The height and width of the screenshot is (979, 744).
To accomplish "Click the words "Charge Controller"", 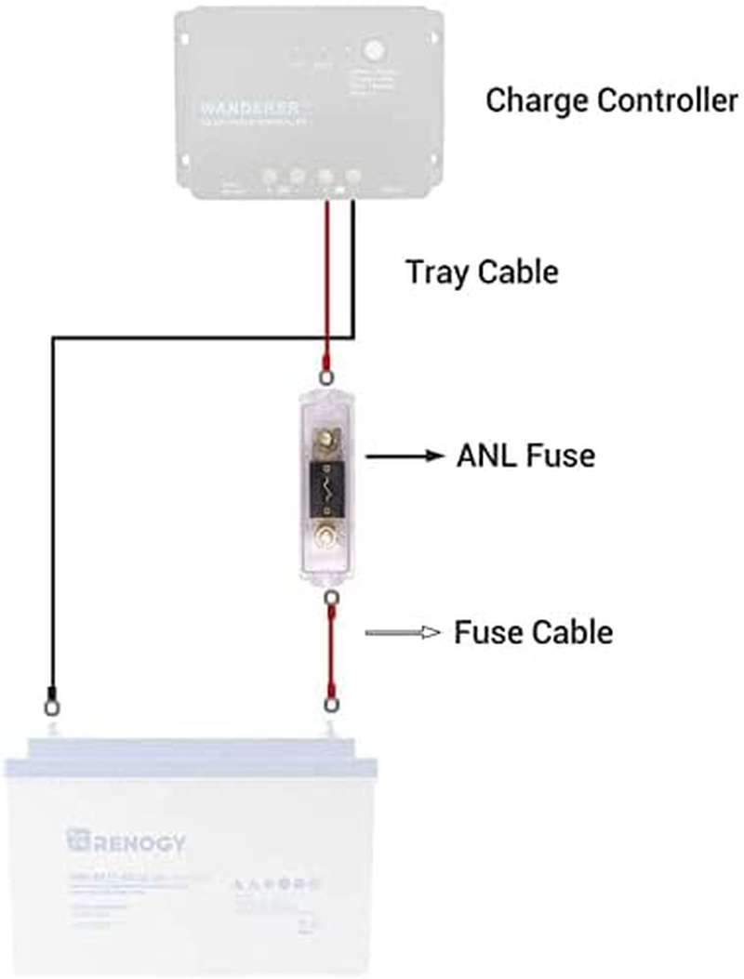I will coord(611,101).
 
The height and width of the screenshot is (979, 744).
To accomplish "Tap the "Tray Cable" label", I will coord(482,272).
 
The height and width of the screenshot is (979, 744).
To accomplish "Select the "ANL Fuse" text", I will coord(525,456).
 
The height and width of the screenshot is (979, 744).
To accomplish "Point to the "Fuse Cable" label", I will coord(533,632).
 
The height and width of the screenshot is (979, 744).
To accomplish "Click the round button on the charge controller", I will coord(373,48).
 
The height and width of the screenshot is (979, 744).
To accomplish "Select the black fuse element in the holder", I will coord(327,484).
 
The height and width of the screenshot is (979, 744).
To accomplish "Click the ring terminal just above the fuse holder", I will coord(327,376).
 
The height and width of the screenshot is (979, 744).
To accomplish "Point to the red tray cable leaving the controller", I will coord(327,279).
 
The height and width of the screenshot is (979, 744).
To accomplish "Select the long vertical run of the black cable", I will coord(53,511).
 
